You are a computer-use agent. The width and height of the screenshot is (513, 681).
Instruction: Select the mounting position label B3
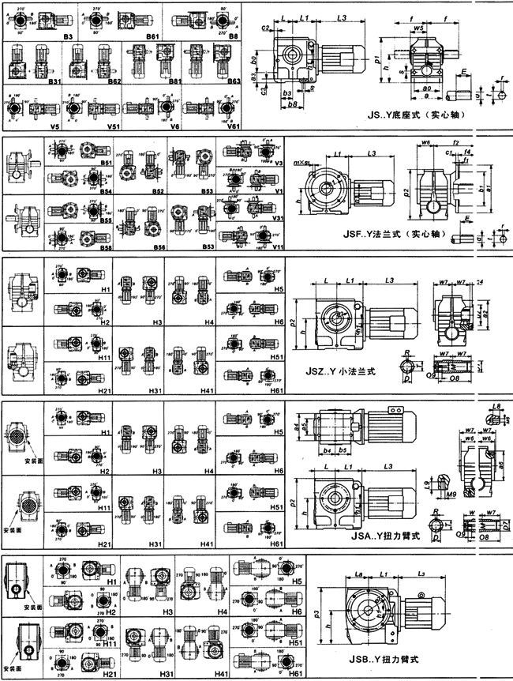69,36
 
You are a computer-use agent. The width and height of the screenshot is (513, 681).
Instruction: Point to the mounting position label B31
55,81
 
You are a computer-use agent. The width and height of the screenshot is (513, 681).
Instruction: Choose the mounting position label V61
234,125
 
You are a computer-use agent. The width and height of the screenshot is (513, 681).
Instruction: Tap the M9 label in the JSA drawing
451,495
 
